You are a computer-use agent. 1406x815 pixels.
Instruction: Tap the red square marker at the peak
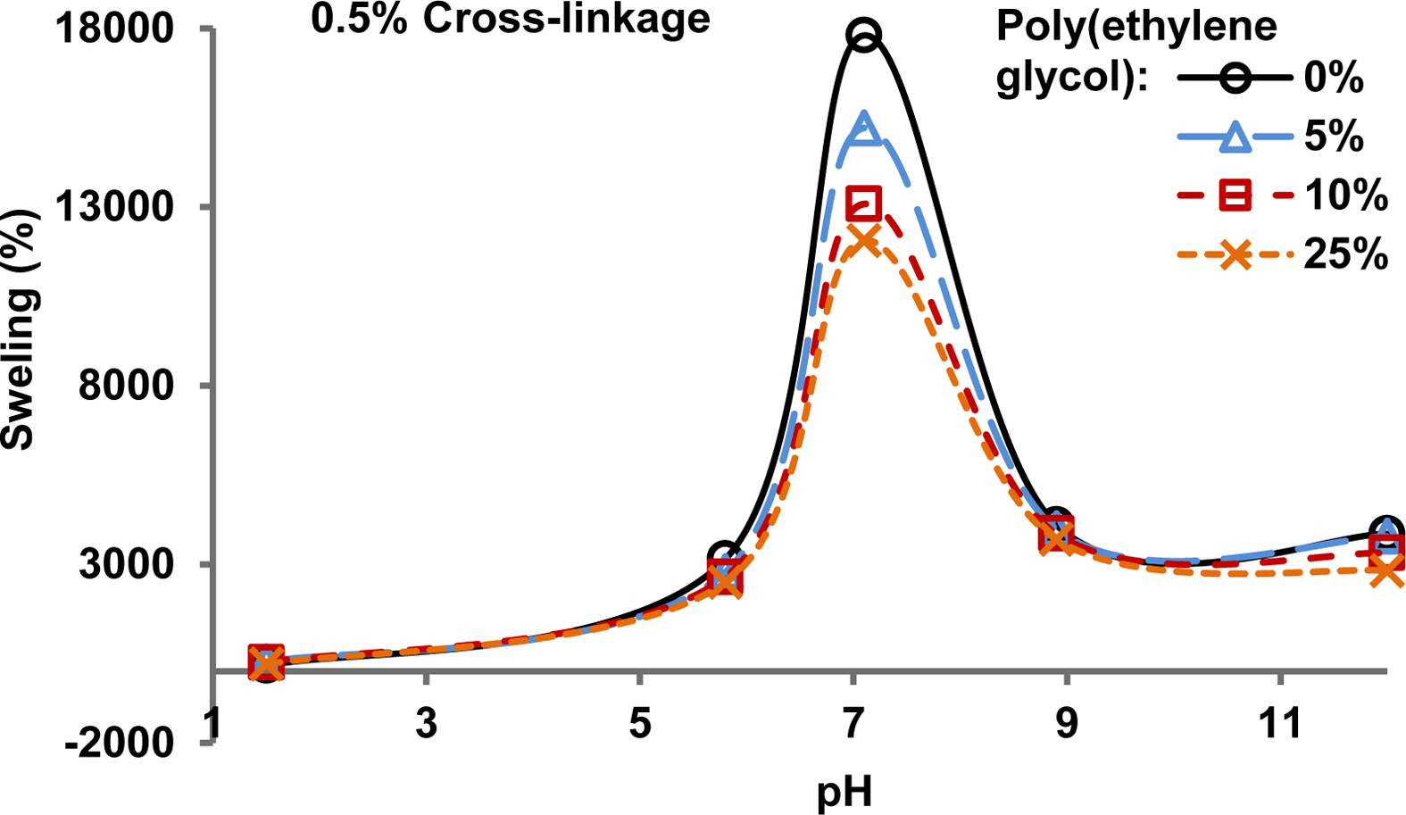[x=864, y=204]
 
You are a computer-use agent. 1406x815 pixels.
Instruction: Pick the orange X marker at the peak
[x=864, y=239]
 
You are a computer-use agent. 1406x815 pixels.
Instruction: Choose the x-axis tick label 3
[x=427, y=723]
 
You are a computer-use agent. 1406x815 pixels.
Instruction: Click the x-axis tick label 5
[x=640, y=723]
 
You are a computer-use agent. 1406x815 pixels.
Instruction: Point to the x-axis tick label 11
[x=1280, y=723]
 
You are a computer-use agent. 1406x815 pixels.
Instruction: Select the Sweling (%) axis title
[x=20, y=330]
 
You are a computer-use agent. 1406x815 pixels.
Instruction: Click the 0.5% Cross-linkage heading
[x=511, y=20]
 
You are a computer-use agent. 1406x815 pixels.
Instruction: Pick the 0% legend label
[x=1334, y=79]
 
